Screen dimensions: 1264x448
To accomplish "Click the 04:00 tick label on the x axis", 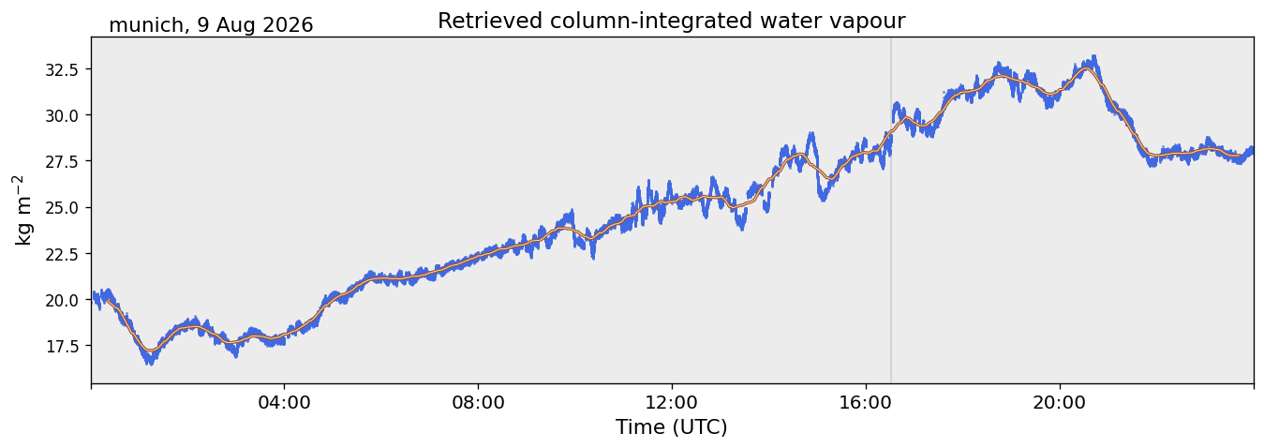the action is [x=285, y=403].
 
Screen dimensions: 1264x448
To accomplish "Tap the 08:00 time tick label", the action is [x=478, y=403].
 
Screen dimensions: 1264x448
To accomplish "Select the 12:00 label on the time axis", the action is [x=672, y=403].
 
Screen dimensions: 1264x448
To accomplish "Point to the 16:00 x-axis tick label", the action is [x=866, y=403].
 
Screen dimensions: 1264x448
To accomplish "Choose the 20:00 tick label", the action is [x=1060, y=403].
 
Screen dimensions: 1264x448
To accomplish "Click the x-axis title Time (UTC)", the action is [x=672, y=427].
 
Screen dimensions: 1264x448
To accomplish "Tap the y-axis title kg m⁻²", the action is [x=22, y=211].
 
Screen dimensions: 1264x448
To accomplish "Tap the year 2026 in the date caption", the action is [x=290, y=25].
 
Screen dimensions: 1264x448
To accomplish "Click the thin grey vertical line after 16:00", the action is [x=891, y=211].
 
